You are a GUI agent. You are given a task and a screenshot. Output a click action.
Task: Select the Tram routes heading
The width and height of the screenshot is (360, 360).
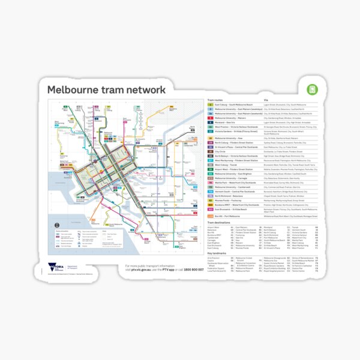pos(217,100)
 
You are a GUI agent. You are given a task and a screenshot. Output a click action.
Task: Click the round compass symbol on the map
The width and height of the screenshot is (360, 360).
pos(58,224)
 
